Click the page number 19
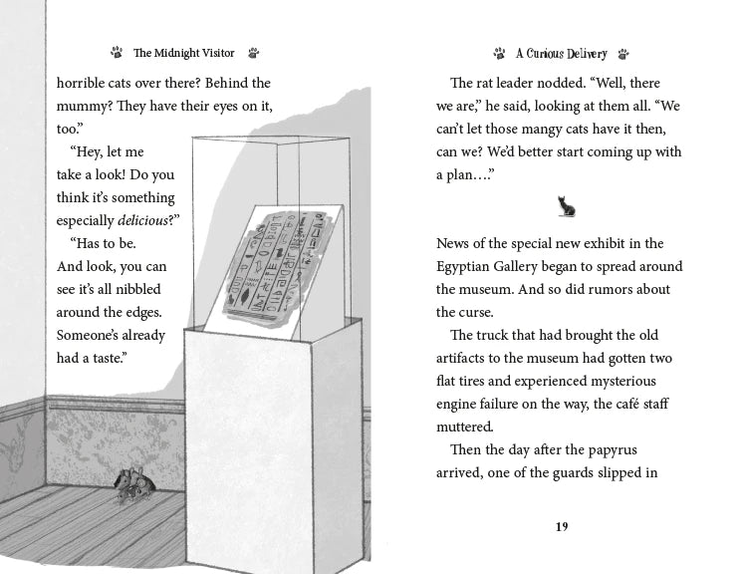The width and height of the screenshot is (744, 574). (x=562, y=527)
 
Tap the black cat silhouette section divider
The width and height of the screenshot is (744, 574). (x=566, y=206)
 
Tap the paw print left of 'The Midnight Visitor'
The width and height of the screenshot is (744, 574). (x=117, y=53)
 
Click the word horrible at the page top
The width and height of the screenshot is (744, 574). (x=84, y=83)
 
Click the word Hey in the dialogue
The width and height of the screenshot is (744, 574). (x=91, y=151)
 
